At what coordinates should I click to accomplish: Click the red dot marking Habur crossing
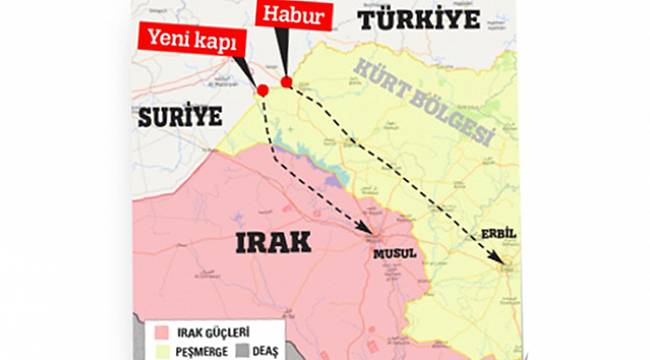(286, 82)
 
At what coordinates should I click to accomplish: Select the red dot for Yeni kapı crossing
(263, 90)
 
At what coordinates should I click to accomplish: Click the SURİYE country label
(181, 116)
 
